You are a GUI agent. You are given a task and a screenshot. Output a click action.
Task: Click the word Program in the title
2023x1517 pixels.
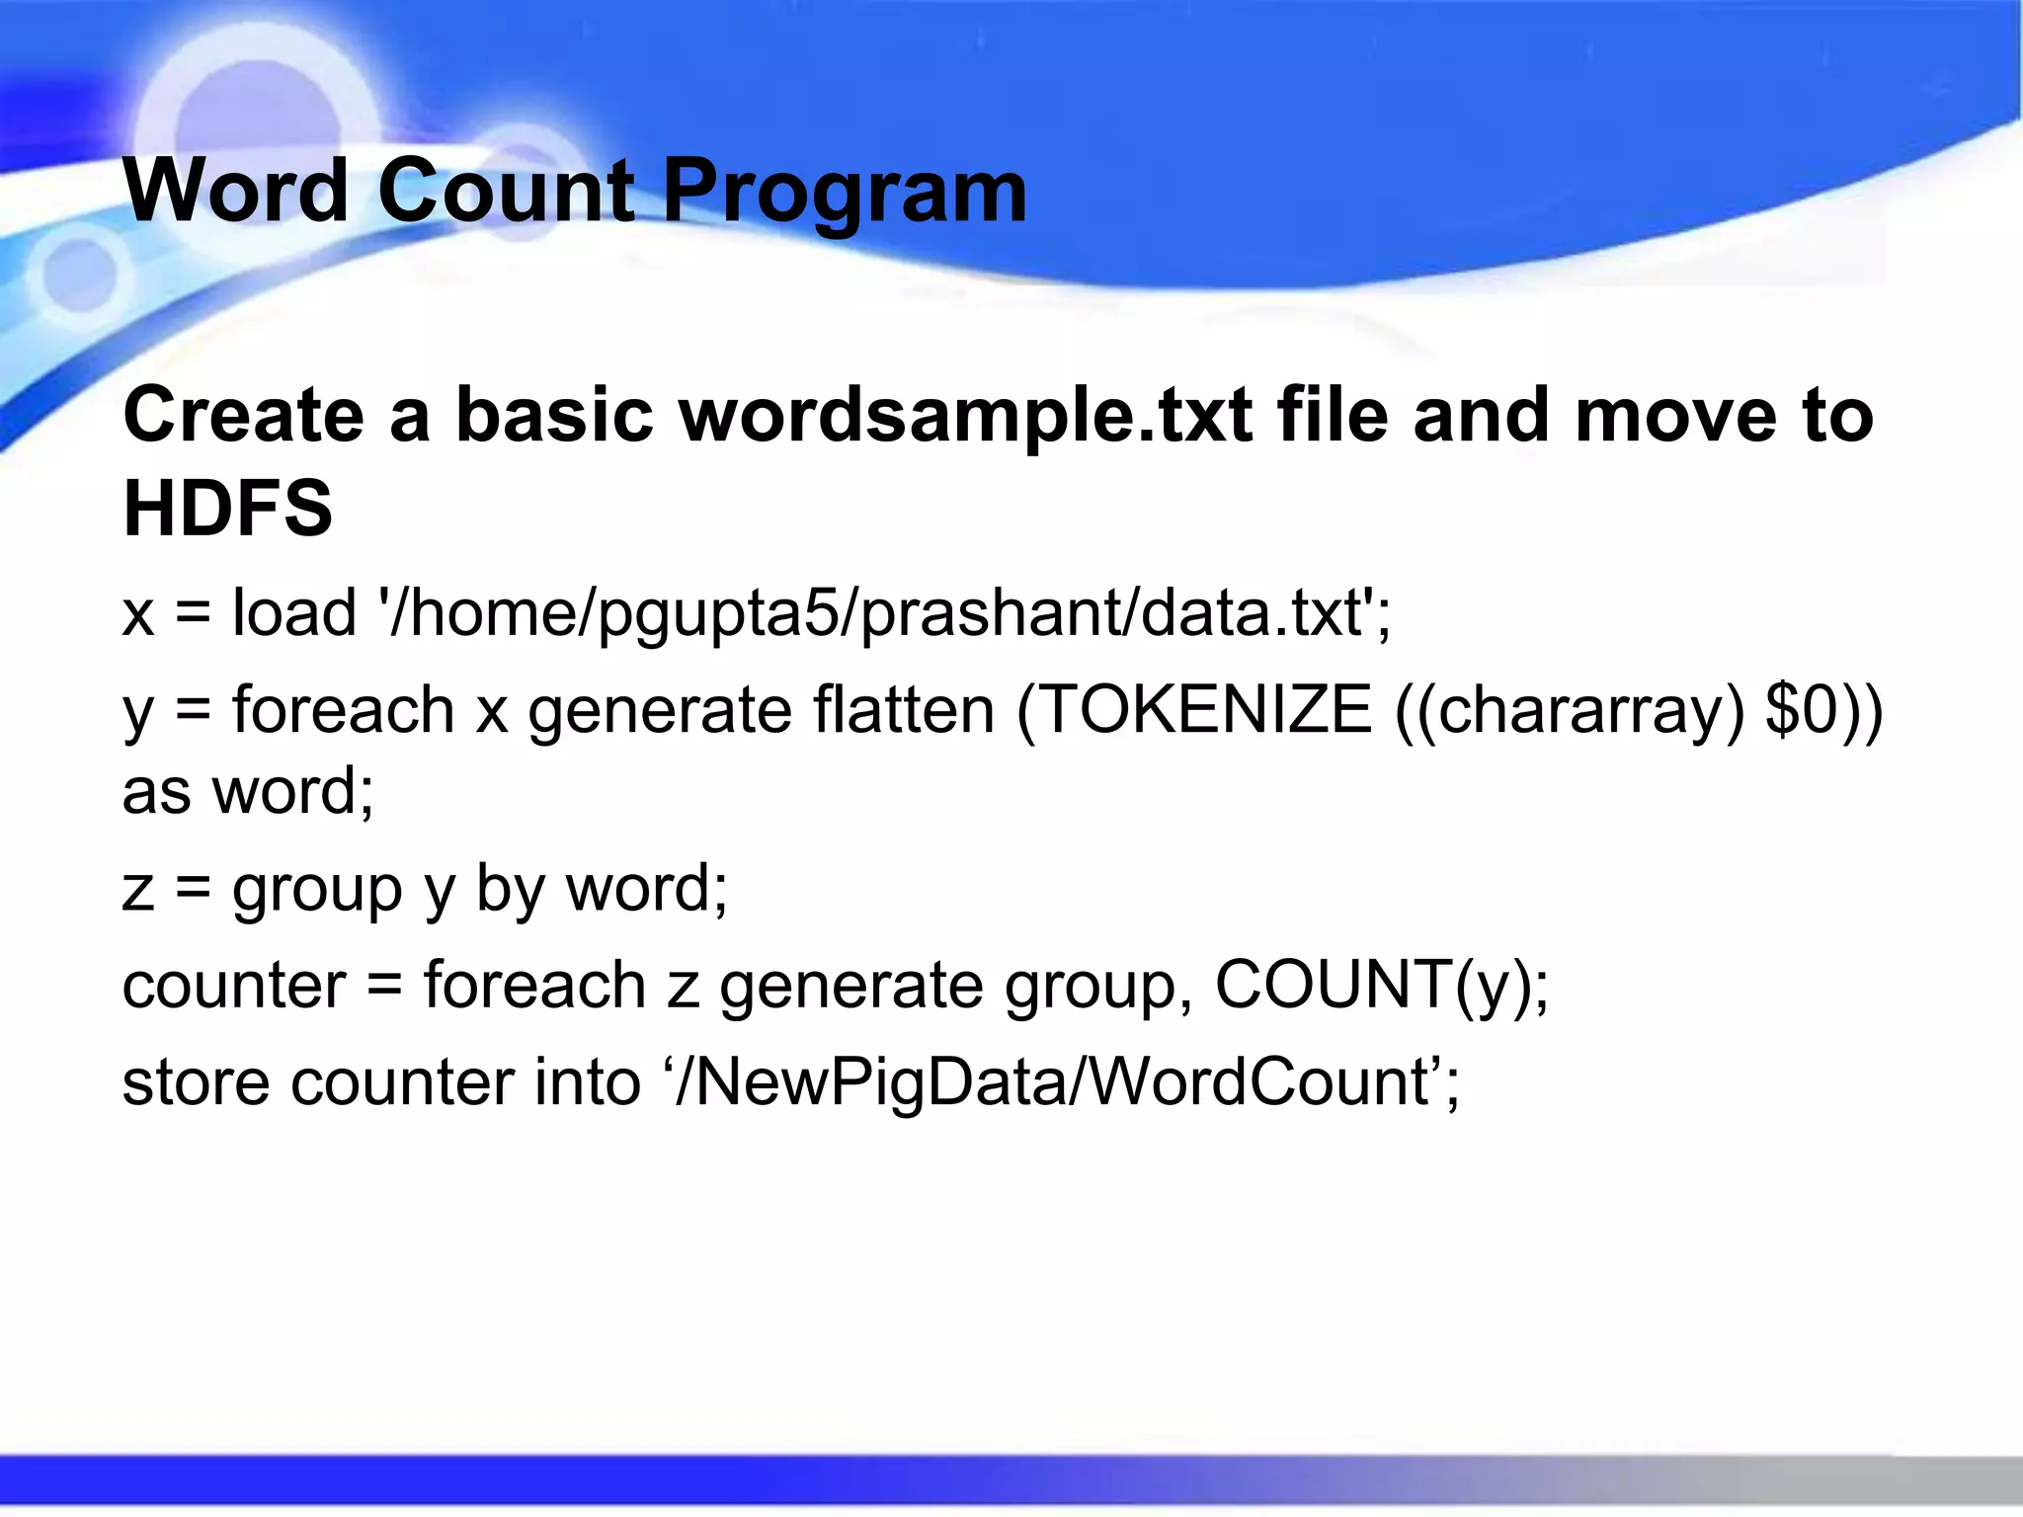(x=845, y=193)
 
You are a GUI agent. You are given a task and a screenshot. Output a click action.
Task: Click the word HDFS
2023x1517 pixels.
(x=227, y=509)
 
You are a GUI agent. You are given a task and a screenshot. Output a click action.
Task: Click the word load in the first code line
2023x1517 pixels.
(x=293, y=612)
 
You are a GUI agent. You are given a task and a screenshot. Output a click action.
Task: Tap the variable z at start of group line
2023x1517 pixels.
(x=138, y=889)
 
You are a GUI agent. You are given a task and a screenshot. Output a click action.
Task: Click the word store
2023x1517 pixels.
(x=196, y=1081)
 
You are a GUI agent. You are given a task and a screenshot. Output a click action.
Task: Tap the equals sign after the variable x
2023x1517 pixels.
(x=193, y=613)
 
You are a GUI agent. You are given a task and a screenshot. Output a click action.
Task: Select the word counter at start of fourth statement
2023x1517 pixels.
(x=234, y=985)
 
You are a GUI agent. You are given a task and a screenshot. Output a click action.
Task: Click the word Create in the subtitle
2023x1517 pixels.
(x=243, y=415)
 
